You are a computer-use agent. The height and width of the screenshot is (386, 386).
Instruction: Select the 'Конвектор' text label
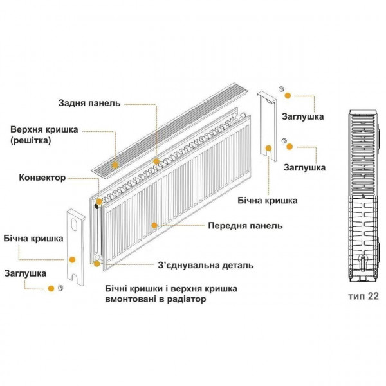[x=42, y=178]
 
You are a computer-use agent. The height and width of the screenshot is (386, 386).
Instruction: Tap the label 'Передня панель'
[x=245, y=226]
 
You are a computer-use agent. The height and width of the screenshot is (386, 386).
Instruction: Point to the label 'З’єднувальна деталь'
[x=205, y=265]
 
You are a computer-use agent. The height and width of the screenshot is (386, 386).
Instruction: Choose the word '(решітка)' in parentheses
[x=30, y=140]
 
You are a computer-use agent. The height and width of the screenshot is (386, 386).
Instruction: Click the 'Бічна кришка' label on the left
[x=33, y=238]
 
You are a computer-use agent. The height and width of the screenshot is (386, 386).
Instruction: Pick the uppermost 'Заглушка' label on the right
[x=302, y=117]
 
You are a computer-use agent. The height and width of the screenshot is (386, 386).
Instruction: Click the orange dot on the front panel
[x=154, y=225]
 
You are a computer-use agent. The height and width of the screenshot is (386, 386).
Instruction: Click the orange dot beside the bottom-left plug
[x=49, y=289]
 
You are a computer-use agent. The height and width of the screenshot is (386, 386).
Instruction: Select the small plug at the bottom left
[x=60, y=289]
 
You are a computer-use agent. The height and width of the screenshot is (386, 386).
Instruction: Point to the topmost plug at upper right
[x=281, y=89]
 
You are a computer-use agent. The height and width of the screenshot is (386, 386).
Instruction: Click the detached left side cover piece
[x=75, y=244]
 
